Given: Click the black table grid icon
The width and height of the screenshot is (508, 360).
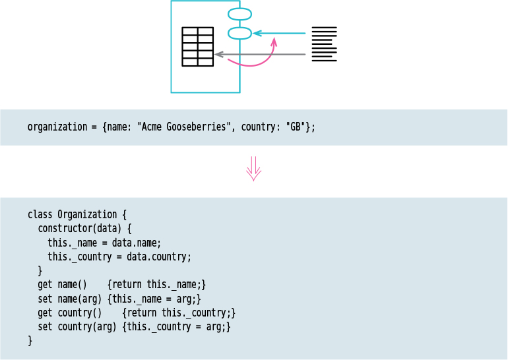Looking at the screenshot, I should point(198,47).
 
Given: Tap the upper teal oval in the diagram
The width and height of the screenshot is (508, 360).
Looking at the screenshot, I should point(239,14).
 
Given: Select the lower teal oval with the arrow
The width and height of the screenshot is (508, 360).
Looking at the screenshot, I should point(239,33).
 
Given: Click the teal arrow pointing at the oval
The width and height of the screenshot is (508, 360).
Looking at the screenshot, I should point(280,33).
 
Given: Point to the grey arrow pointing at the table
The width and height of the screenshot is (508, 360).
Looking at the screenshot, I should point(260,54).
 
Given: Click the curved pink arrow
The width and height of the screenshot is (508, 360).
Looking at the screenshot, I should point(260,61).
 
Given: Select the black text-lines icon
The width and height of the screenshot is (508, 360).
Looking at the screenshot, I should point(324,44).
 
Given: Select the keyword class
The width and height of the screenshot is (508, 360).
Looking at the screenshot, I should point(40,215).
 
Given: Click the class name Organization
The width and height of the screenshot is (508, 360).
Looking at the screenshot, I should point(87,215).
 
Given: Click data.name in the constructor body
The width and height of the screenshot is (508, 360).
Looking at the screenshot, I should point(137,243).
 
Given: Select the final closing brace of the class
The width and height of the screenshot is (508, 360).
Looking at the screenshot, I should point(30,341).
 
